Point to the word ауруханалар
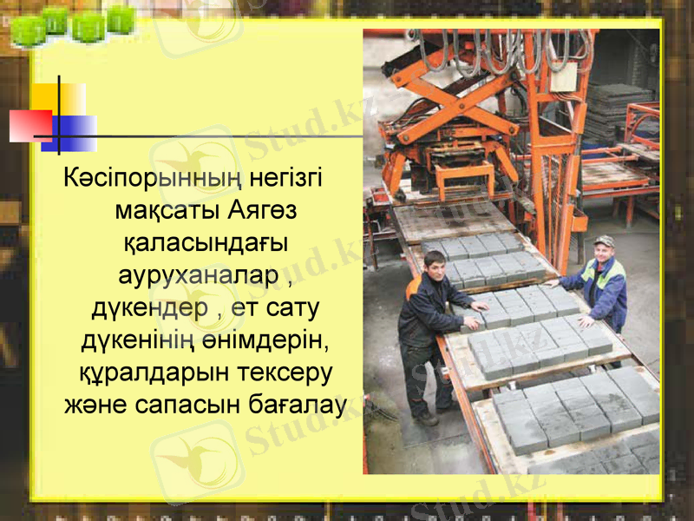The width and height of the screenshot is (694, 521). point(199,276)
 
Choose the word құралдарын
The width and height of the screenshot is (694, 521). point(136,373)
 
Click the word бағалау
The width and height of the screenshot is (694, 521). point(296,405)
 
